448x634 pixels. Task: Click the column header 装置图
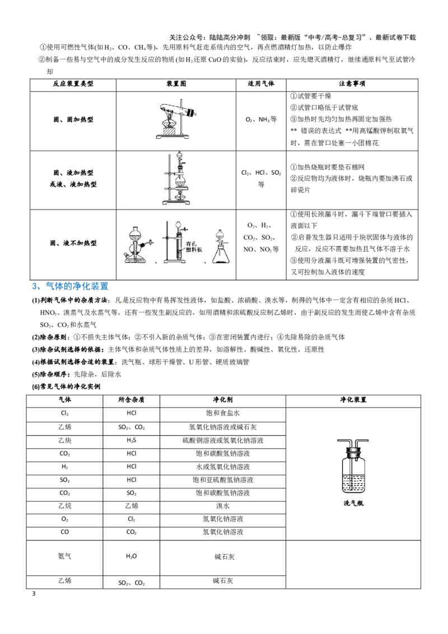coord(176,83)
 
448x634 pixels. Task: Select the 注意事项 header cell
coord(352,83)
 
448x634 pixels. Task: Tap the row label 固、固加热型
coord(73,120)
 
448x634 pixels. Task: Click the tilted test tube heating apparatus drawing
coord(176,120)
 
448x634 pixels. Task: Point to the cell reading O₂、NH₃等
coord(261,120)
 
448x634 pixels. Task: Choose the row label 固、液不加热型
coord(73,244)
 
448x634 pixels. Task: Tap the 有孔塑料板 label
coord(194,247)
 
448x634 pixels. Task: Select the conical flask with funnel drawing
coord(221,246)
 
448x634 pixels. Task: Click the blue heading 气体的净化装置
coord(77,286)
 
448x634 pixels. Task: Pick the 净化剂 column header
coord(223,400)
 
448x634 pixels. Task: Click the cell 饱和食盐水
coord(223,413)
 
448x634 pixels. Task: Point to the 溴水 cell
coord(223,506)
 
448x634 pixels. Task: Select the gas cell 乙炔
coord(65,440)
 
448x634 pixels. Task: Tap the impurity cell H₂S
coord(132,440)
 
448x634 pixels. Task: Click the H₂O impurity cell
coord(132,556)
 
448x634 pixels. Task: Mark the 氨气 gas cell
coord(65,556)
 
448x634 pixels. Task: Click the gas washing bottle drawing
coord(353,466)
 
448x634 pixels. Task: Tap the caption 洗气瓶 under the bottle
coord(353,504)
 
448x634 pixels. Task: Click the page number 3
coord(34,594)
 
